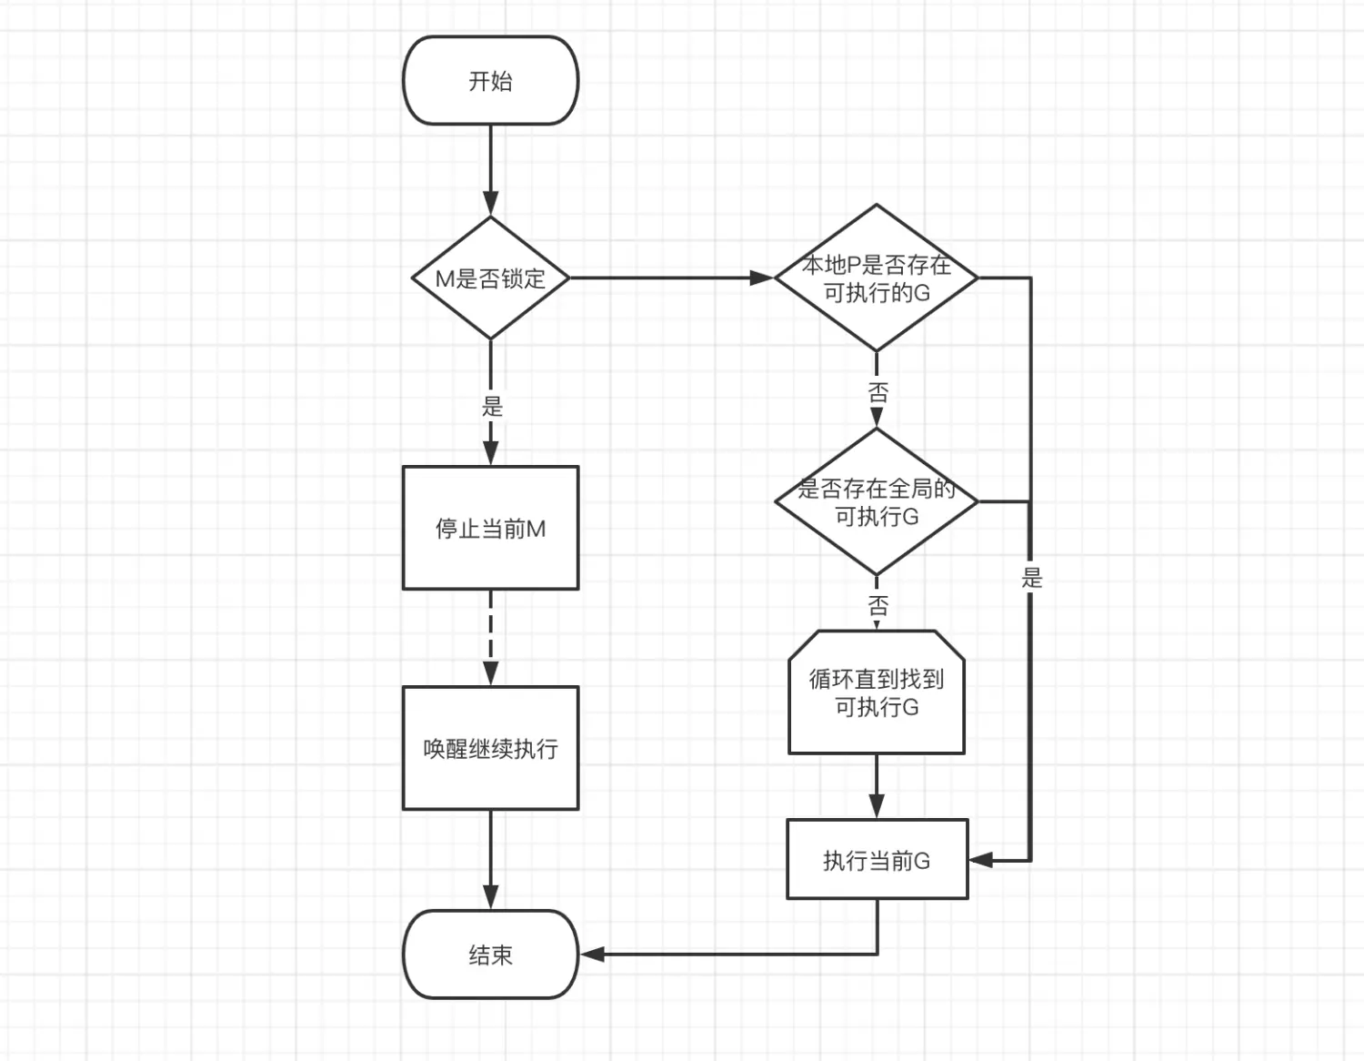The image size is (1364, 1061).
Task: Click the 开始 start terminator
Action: [490, 81]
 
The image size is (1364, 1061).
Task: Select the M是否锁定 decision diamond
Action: [490, 278]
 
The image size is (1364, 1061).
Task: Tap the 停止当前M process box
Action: [490, 528]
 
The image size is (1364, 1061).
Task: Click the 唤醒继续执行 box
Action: [490, 748]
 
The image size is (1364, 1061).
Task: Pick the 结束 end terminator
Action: [490, 955]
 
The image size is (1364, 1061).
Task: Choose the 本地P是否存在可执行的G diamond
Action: [876, 278]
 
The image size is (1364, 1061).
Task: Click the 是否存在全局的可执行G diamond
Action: [876, 501]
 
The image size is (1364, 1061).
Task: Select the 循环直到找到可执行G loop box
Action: [876, 692]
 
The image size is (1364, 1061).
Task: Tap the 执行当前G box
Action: [877, 860]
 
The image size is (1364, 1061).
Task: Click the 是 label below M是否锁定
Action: [492, 406]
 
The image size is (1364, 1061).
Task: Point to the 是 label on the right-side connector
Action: [1031, 577]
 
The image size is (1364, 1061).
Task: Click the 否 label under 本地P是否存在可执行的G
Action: [878, 392]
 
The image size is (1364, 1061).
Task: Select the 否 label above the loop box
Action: [878, 605]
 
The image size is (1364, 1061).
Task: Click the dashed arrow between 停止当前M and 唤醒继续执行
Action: [491, 637]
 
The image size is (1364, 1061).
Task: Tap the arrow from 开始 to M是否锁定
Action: [491, 168]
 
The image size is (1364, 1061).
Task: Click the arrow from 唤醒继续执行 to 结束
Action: [491, 859]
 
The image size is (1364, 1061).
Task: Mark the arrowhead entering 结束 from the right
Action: [592, 955]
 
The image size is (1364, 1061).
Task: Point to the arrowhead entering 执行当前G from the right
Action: [980, 860]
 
